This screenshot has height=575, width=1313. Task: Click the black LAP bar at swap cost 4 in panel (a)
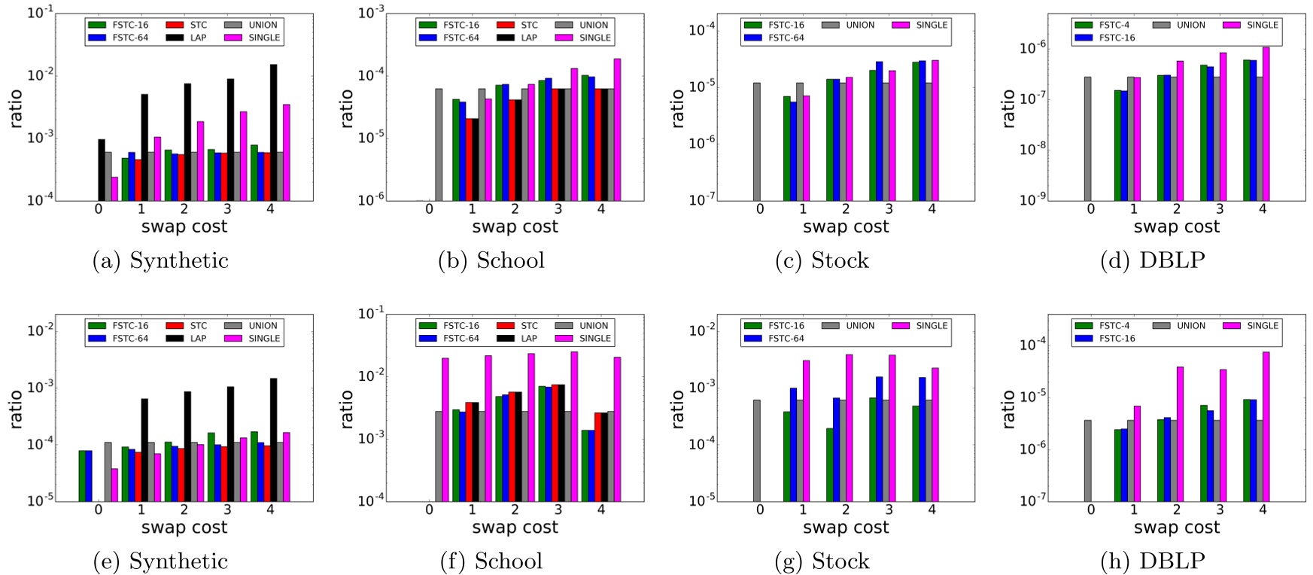[273, 132]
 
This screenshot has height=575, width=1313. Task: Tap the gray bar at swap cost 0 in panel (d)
[1087, 138]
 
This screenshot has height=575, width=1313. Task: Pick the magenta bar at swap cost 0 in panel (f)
[445, 429]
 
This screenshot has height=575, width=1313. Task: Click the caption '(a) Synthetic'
[160, 260]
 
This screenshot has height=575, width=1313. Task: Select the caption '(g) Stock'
[822, 561]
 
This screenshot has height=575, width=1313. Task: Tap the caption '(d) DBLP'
[1153, 260]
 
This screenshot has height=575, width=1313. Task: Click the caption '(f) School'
[491, 561]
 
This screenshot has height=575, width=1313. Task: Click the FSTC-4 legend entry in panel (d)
[1102, 25]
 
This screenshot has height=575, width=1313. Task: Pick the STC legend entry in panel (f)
[519, 326]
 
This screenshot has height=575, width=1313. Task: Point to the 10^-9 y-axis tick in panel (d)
[1053, 200]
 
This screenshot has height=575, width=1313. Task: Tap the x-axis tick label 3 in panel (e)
[227, 510]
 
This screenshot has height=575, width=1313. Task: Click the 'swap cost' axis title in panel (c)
[846, 227]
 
